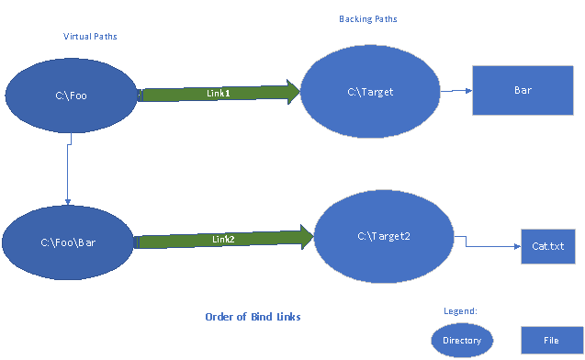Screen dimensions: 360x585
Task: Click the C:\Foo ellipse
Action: (71, 95)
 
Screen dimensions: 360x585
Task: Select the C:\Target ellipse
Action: (370, 92)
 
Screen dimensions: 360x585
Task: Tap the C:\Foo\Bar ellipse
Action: (68, 243)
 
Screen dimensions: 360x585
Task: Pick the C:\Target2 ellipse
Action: (384, 236)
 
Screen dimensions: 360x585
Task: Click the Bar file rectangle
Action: (510, 91)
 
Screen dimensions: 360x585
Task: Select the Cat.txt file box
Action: (548, 246)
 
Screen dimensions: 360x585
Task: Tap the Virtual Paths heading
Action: (90, 37)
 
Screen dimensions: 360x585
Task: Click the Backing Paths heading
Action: (369, 18)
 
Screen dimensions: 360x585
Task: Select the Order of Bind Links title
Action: (253, 317)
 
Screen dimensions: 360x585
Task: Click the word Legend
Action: (461, 313)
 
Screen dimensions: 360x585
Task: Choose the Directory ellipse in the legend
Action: (462, 341)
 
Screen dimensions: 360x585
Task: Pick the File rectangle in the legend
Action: (550, 341)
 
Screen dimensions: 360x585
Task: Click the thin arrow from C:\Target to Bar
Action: (456, 92)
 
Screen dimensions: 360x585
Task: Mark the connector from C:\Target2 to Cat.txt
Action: (487, 244)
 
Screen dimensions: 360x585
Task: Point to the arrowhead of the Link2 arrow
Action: (303, 237)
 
